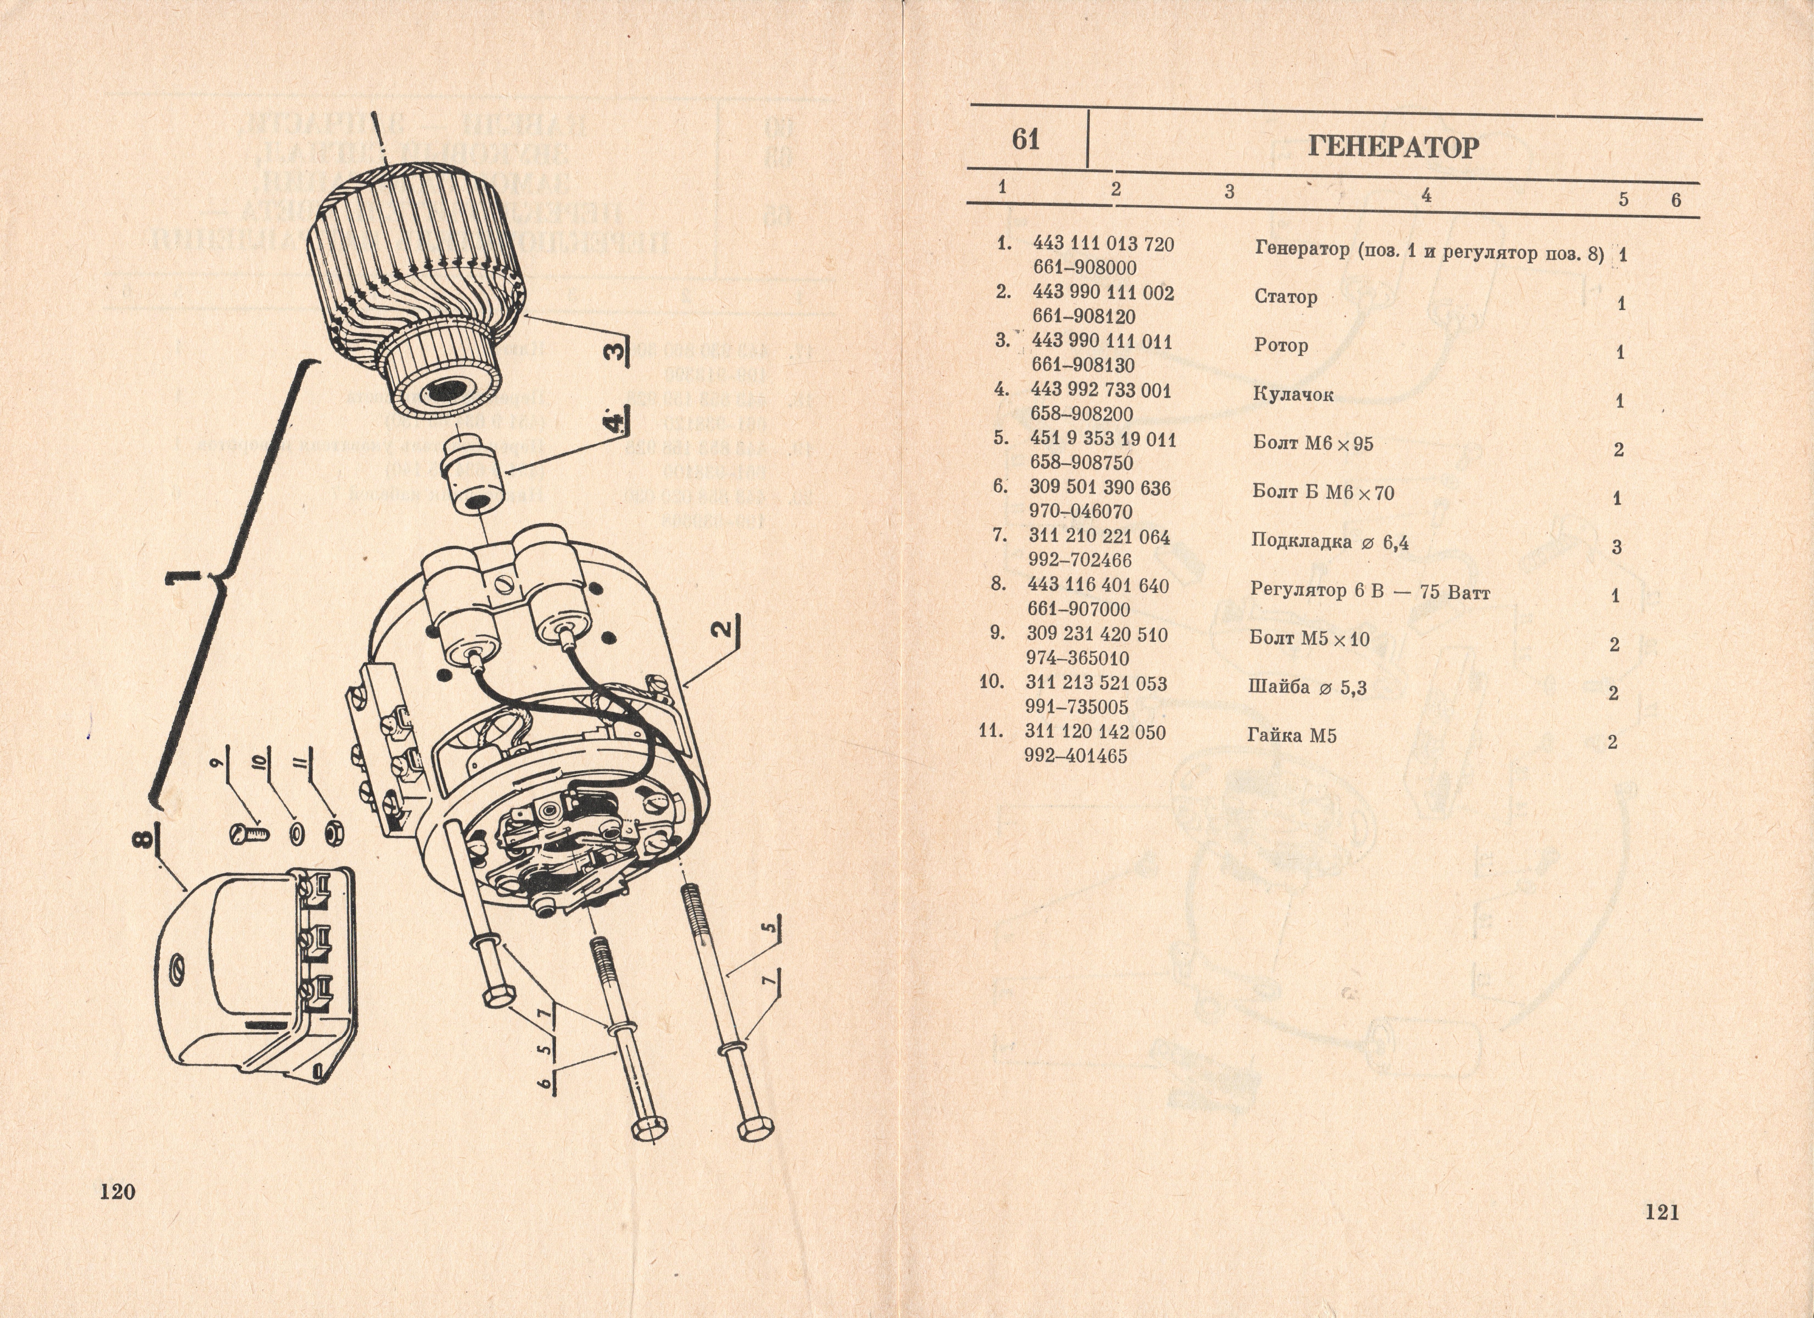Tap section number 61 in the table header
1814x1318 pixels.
(1026, 140)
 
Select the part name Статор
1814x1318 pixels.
(1285, 298)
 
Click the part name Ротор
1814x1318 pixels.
(1280, 346)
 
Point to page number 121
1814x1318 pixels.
(1662, 1212)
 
